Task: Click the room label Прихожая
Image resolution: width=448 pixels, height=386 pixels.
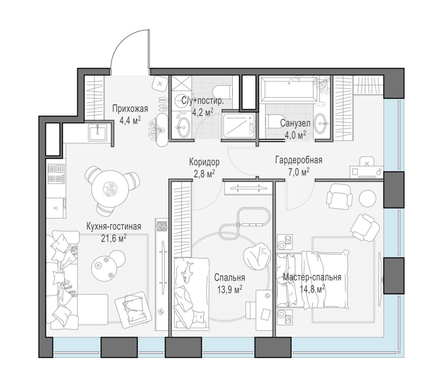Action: [x=130, y=109]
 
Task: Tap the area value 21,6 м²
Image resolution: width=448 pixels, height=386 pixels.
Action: [x=114, y=239]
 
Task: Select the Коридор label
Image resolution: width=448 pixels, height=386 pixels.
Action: [x=204, y=162]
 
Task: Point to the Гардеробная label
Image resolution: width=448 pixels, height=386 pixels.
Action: [x=299, y=160]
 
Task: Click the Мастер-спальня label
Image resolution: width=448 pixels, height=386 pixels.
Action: [x=312, y=277]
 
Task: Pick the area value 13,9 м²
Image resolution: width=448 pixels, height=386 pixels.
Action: [x=230, y=289]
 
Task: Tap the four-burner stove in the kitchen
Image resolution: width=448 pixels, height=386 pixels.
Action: [x=56, y=174]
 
